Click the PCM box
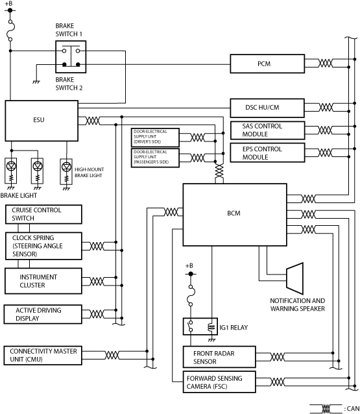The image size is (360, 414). click(x=267, y=64)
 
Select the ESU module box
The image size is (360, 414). click(x=42, y=121)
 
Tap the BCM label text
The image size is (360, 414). click(x=234, y=213)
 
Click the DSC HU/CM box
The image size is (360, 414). click(x=267, y=108)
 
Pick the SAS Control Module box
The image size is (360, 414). click(x=267, y=130)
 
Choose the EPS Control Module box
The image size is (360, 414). click(x=267, y=152)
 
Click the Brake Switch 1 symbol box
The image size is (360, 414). click(x=71, y=56)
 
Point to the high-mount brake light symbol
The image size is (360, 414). click(x=66, y=171)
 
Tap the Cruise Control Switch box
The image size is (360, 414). click(x=43, y=214)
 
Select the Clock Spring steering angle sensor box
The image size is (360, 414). click(x=43, y=246)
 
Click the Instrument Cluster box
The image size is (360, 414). click(x=43, y=281)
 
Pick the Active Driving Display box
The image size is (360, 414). click(x=43, y=314)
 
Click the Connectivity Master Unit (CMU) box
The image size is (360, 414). click(x=43, y=356)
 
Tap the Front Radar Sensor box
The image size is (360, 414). click(x=219, y=357)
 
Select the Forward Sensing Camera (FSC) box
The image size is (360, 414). click(x=219, y=382)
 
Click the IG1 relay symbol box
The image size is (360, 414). click(x=200, y=326)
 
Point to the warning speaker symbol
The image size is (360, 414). click(x=294, y=278)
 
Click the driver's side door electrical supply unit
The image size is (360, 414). click(x=155, y=138)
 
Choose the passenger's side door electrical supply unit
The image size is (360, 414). click(x=155, y=158)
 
